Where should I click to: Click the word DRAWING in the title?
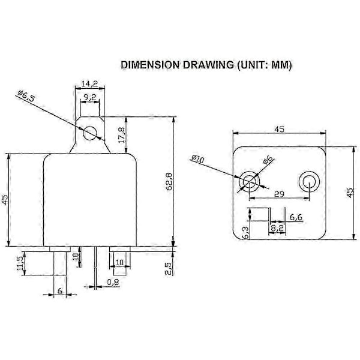click(208, 65)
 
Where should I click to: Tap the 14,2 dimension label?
click(90, 83)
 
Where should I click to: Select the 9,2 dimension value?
click(90, 97)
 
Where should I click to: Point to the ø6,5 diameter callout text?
click(26, 96)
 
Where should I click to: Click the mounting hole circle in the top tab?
click(90, 133)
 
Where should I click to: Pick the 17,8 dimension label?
click(122, 135)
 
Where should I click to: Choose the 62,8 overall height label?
click(169, 182)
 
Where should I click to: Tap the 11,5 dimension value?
click(20, 263)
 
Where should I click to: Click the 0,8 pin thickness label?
click(113, 282)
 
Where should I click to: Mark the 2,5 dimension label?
click(168, 268)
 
